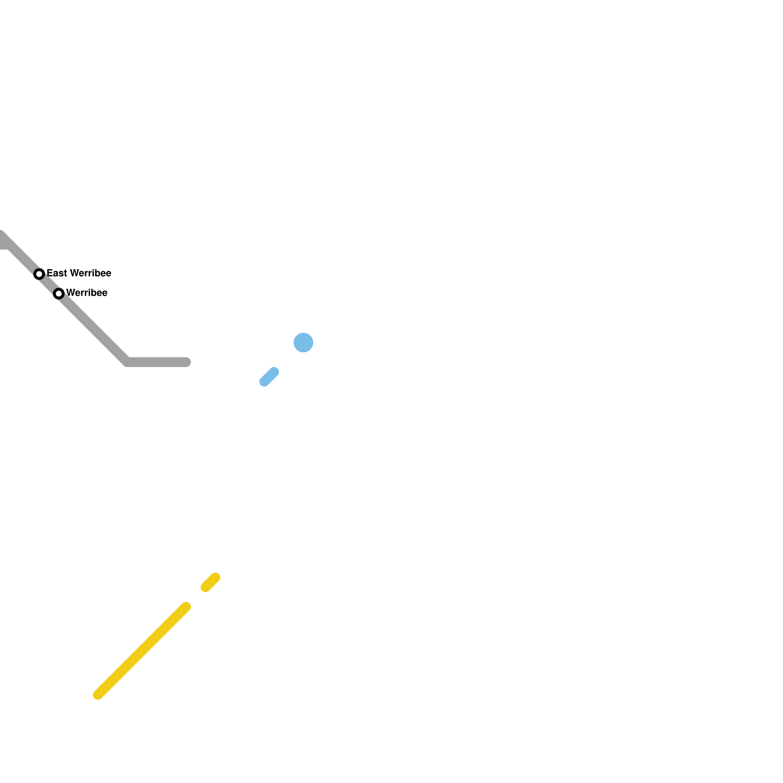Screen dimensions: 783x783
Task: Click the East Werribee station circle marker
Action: [39, 274]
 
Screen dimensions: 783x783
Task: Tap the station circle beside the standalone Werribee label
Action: [59, 294]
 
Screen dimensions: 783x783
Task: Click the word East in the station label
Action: [57, 273]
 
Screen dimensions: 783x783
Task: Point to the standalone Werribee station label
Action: [87, 293]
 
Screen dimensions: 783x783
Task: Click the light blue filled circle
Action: [303, 343]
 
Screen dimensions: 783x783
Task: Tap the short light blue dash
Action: [269, 377]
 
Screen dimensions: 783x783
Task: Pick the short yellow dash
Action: [210, 582]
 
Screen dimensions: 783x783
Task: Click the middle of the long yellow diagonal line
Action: [142, 651]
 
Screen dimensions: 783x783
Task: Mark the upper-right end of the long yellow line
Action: [186, 607]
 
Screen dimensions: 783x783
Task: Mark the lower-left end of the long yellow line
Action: [98, 695]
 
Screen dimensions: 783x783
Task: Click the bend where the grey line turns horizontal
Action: [127, 362]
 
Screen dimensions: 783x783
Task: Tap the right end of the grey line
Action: [186, 362]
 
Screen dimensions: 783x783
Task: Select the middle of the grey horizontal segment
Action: [157, 362]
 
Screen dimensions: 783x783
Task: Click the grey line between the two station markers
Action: [49, 284]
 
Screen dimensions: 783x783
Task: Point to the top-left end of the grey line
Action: [2, 237]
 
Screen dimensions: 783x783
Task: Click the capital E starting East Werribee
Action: [50, 273]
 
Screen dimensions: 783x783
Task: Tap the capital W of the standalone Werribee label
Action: [70, 293]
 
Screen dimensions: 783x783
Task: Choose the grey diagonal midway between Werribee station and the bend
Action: [93, 328]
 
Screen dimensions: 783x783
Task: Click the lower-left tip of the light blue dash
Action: [264, 382]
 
